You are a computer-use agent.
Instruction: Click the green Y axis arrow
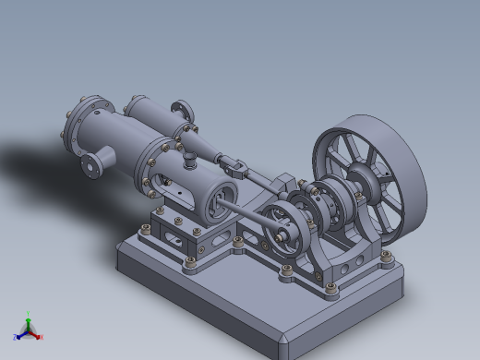pos(28,317)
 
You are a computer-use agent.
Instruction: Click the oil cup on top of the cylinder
pos(187,159)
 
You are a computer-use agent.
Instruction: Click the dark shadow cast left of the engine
pos(37,162)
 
